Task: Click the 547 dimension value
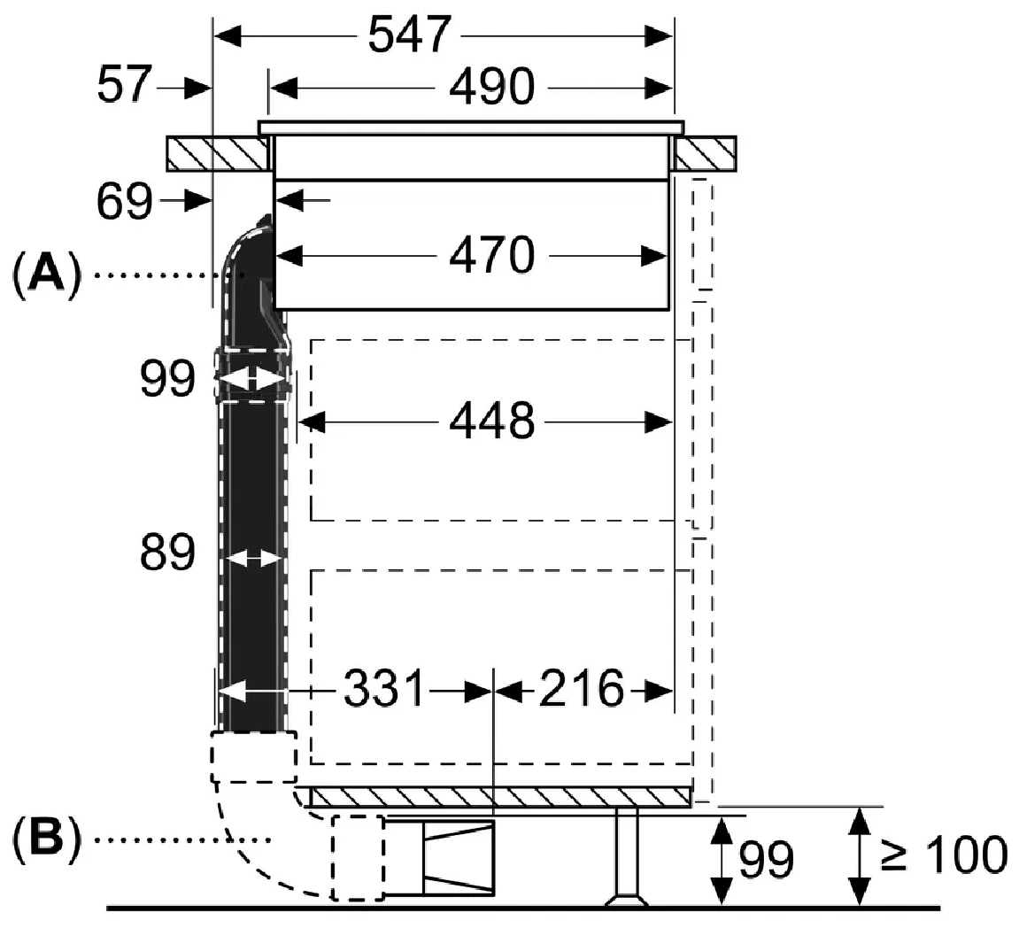pyautogui.click(x=409, y=36)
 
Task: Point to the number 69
pyautogui.click(x=125, y=202)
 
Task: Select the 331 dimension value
pyautogui.click(x=384, y=689)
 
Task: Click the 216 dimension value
pyautogui.click(x=582, y=689)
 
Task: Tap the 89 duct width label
pyautogui.click(x=166, y=554)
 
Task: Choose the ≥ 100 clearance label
pyautogui.click(x=944, y=855)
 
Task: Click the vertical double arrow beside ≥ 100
pyautogui.click(x=857, y=855)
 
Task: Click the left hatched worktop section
pyautogui.click(x=217, y=153)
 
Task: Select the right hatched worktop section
pyautogui.click(x=705, y=153)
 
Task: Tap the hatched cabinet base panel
pyautogui.click(x=500, y=797)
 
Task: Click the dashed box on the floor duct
pyautogui.click(x=358, y=857)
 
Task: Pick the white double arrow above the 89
pyautogui.click(x=253, y=381)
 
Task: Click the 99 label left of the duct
pyautogui.click(x=166, y=381)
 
